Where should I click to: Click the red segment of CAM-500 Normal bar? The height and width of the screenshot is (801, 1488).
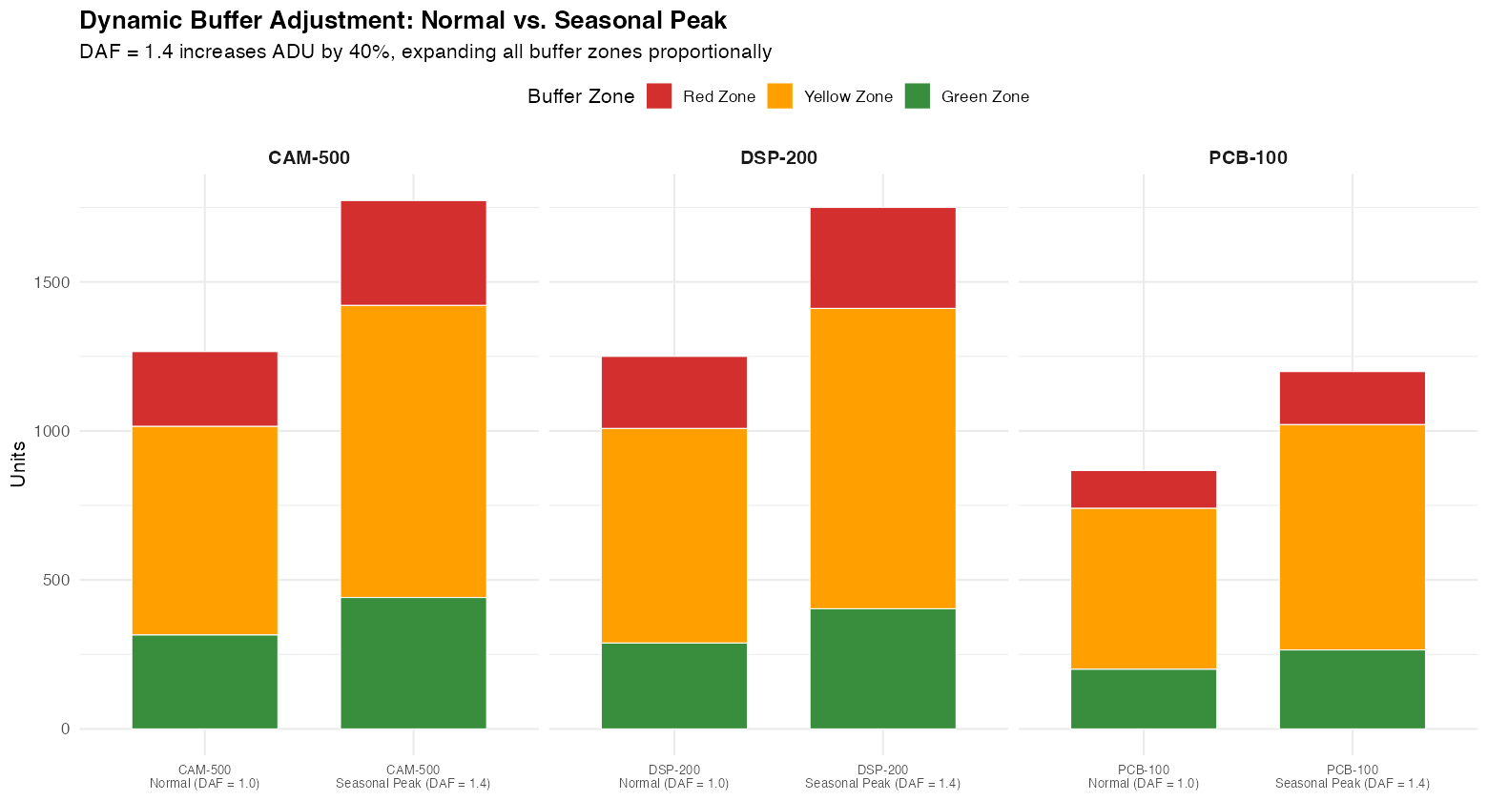click(x=204, y=388)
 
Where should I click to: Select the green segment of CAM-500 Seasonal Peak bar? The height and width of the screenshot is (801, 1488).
click(x=413, y=663)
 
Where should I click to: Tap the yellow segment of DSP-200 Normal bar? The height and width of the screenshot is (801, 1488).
click(x=673, y=535)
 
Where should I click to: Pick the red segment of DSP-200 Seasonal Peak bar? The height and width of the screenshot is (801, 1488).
click(x=882, y=257)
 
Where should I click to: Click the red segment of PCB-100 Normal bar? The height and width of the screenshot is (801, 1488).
click(x=1143, y=489)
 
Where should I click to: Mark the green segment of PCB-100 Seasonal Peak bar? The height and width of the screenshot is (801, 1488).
click(x=1352, y=688)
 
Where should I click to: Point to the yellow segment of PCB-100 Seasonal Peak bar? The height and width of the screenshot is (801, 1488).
click(x=1352, y=537)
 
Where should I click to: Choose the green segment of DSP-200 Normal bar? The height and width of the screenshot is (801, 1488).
click(x=673, y=686)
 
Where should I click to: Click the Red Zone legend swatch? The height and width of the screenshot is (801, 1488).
click(x=659, y=96)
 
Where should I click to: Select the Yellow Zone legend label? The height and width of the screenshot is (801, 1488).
click(x=848, y=96)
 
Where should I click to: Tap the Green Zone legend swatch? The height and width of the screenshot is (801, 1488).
click(x=917, y=96)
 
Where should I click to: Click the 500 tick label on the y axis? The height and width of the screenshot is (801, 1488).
click(x=57, y=580)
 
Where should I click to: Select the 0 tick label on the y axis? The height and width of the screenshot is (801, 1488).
click(x=65, y=729)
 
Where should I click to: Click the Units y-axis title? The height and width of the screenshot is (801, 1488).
click(x=18, y=463)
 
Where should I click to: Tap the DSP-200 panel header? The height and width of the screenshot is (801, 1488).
click(x=778, y=157)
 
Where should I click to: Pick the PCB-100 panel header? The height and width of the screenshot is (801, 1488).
click(x=1248, y=157)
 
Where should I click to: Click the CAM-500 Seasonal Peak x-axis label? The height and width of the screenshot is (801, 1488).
click(x=413, y=776)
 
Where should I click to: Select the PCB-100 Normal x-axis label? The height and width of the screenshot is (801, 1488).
click(x=1143, y=776)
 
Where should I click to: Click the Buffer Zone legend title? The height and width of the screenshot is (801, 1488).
click(x=581, y=96)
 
